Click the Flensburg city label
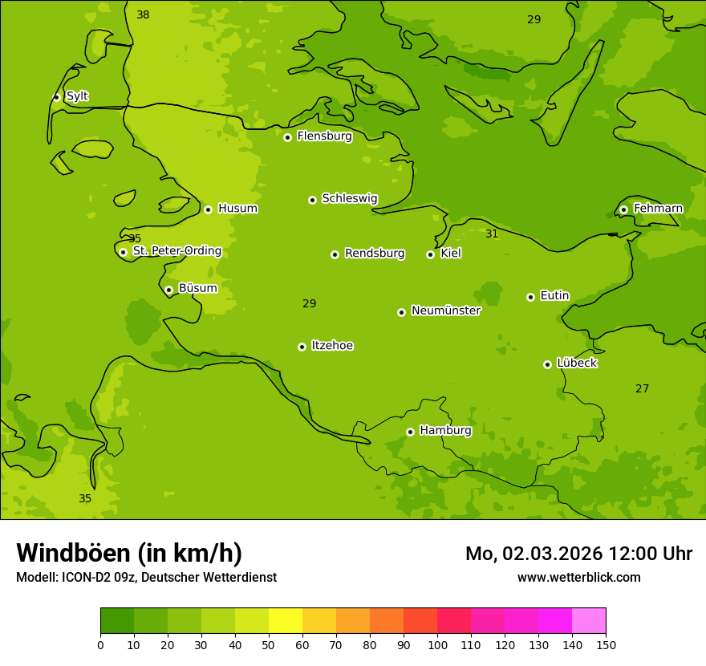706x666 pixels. [324, 136]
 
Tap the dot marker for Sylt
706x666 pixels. [56, 97]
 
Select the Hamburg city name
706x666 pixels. [445, 431]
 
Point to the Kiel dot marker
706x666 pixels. [430, 254]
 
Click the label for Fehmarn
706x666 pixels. [658, 209]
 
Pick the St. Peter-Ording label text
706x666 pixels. [176, 251]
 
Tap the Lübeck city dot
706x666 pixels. [547, 364]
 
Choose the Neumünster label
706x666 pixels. [445, 311]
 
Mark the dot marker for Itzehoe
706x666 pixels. [302, 347]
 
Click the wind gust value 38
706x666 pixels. [143, 14]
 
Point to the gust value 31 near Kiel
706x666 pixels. [492, 234]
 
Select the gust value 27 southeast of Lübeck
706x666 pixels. [642, 389]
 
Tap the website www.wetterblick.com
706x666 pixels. [578, 578]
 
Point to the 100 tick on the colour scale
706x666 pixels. [437, 644]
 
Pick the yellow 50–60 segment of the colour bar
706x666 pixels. [286, 621]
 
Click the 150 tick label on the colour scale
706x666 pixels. [606, 644]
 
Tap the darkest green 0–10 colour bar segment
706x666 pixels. [117, 621]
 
